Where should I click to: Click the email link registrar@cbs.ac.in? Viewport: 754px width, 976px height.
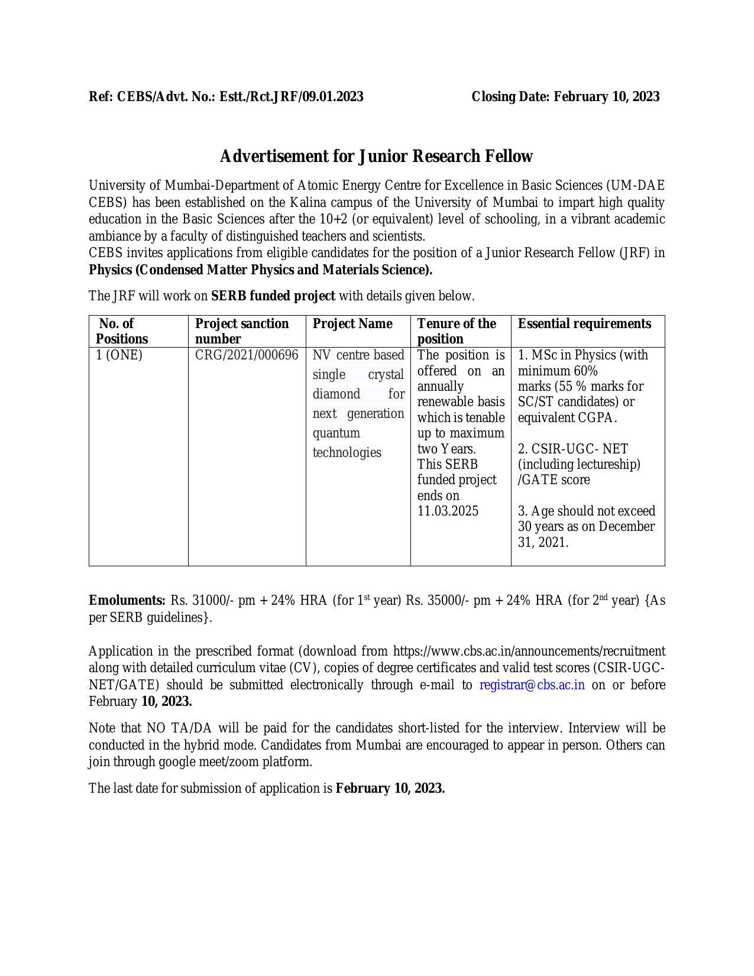tap(532, 685)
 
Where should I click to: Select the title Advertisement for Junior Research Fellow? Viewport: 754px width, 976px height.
tap(376, 156)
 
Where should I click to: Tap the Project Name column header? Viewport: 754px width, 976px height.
tap(352, 323)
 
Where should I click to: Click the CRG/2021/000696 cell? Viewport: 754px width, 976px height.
tap(247, 355)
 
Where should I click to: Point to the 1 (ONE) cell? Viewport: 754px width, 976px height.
tap(119, 355)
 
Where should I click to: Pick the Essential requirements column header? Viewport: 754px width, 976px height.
tap(584, 323)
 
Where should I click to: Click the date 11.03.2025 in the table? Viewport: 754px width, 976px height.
tap(448, 511)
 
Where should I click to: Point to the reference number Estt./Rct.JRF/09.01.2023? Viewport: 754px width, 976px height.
tap(292, 96)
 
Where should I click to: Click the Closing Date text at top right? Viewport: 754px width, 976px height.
tap(565, 96)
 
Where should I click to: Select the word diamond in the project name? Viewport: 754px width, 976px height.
tap(336, 394)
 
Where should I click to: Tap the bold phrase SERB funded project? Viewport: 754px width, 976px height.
tap(273, 296)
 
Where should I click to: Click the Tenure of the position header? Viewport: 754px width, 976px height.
tap(457, 331)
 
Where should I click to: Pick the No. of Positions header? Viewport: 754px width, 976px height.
tap(122, 331)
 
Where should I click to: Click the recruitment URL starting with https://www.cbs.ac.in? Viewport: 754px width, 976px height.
tap(529, 651)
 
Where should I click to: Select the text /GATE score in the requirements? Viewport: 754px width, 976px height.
tap(554, 479)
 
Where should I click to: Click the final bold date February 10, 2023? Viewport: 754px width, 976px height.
tap(390, 788)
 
